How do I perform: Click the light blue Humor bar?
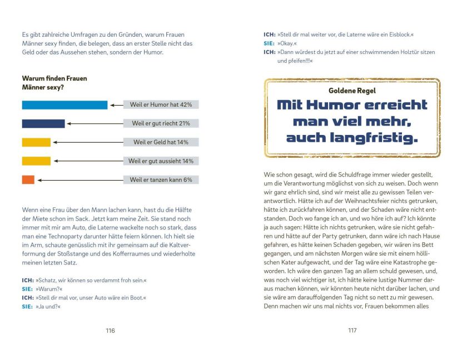pos(64,105)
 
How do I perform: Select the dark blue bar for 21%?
pos(43,123)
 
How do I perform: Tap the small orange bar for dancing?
pos(28,179)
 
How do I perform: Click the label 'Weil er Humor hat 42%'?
pos(161,104)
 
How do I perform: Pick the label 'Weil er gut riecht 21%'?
pos(161,123)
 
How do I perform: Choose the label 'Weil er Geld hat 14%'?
pos(161,142)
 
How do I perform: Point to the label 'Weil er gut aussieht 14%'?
pos(161,161)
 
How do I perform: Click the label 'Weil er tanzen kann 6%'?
pos(161,179)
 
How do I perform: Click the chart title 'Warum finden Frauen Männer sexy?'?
pos(54,83)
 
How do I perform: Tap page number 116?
pos(110,331)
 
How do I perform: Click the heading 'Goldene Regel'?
pos(352,91)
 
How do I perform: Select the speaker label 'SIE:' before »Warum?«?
pos(27,289)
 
